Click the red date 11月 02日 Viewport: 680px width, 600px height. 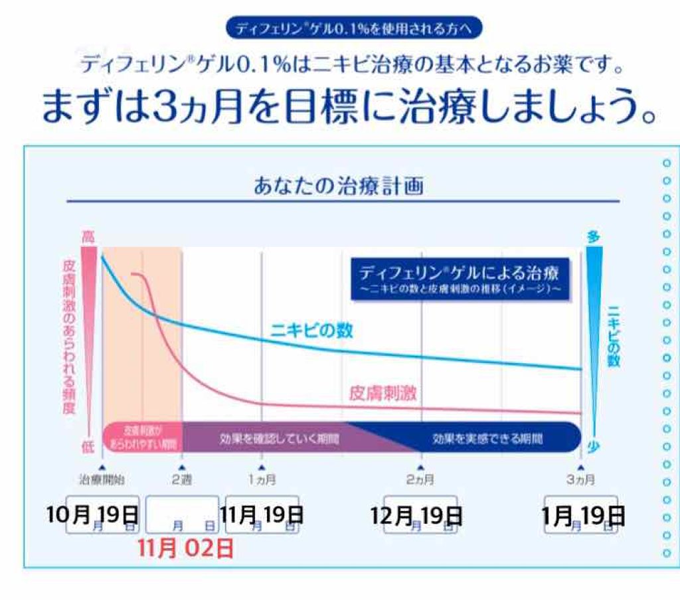[x=186, y=549]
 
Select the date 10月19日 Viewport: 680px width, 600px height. [x=92, y=514]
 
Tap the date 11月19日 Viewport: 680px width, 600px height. [x=262, y=514]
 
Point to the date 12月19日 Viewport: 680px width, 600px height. [x=417, y=515]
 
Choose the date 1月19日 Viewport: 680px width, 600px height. [x=583, y=515]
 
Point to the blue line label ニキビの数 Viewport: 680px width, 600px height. [x=311, y=330]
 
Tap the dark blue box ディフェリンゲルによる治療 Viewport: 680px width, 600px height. [x=460, y=279]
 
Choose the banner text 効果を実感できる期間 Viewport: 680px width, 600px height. [x=487, y=439]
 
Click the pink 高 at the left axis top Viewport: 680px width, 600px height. [x=88, y=236]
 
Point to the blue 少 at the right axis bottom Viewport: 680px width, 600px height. [x=594, y=447]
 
